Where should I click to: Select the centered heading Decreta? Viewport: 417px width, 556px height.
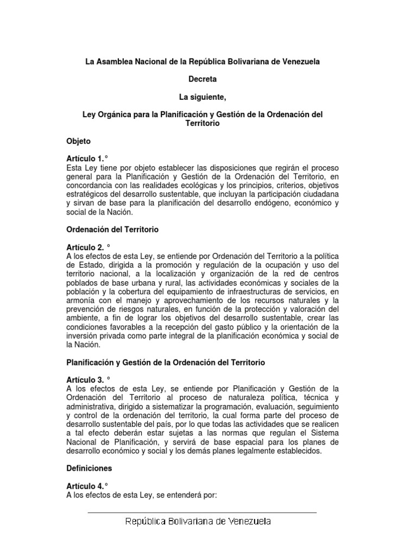[203, 79]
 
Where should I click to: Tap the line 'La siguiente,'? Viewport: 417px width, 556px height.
[203, 97]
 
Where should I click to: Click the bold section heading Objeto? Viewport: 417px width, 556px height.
[79, 141]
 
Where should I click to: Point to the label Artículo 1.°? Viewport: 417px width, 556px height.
[87, 159]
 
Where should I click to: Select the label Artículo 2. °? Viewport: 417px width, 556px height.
[88, 248]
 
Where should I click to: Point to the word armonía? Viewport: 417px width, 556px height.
[81, 300]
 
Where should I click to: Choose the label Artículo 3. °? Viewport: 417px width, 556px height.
[88, 380]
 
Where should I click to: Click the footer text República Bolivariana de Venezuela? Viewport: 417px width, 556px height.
[198, 522]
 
